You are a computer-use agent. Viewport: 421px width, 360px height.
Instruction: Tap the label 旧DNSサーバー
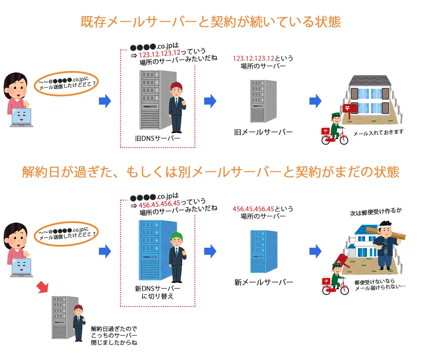pos(158,138)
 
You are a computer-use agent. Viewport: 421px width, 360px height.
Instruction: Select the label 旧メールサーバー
pos(263,132)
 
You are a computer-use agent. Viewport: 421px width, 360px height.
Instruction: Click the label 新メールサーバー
pos(263,282)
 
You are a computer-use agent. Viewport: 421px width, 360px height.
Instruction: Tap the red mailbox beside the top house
pos(350,108)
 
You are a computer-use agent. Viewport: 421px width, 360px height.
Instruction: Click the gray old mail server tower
pos(263,101)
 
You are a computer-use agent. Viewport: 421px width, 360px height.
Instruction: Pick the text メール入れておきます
pos(378,133)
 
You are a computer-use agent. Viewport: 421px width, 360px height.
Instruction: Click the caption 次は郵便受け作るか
pos(376,212)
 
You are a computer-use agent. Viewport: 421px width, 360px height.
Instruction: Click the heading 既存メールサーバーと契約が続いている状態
pos(210,22)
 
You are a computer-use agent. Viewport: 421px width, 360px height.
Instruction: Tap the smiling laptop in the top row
pos(21,117)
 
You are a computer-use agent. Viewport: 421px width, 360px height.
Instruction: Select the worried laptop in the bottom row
pos(21,267)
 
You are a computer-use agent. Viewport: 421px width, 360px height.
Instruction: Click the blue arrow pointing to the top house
pos(315,101)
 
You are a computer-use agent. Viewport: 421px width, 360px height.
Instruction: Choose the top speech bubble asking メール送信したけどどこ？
pos(66,84)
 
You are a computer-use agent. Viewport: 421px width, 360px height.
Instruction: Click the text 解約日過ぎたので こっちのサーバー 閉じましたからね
pos(114,335)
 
